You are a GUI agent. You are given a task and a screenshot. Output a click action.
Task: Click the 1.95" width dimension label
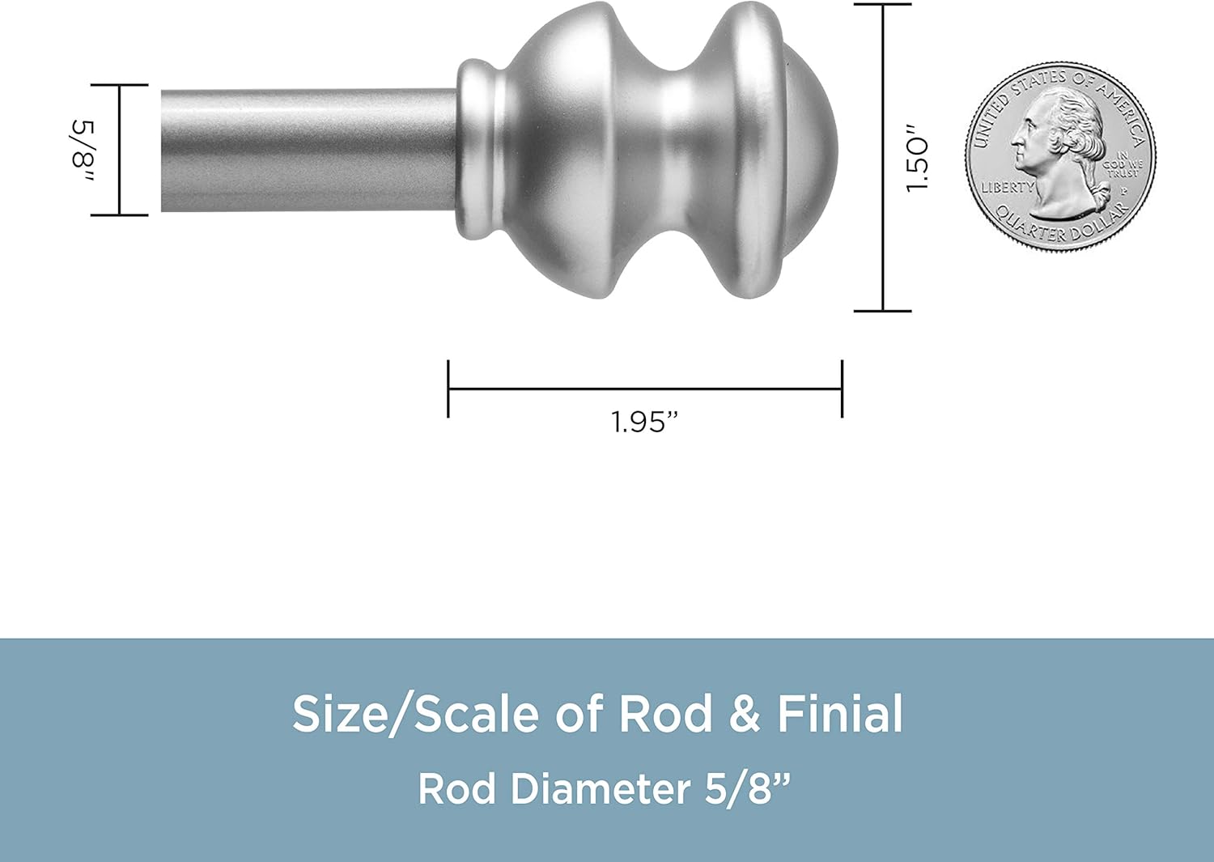(x=643, y=422)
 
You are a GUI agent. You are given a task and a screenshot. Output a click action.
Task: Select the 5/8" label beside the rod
(x=83, y=151)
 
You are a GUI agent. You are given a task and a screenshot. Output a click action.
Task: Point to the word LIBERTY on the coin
(x=1007, y=187)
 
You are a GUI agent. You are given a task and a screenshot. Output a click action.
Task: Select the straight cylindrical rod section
(x=308, y=151)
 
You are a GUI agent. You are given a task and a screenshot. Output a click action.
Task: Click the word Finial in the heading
(x=840, y=714)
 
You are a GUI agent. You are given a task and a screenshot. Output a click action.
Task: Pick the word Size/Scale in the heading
(x=415, y=714)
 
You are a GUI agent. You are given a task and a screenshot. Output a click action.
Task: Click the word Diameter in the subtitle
(x=600, y=788)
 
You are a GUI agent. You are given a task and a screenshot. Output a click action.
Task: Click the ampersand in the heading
(x=745, y=714)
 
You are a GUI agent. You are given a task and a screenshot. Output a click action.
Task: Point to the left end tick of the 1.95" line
(x=448, y=389)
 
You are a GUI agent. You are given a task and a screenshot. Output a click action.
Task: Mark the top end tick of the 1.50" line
(x=883, y=5)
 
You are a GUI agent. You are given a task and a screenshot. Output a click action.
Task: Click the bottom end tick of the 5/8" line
(x=120, y=215)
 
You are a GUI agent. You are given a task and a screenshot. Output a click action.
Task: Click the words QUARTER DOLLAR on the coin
(x=1060, y=227)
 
